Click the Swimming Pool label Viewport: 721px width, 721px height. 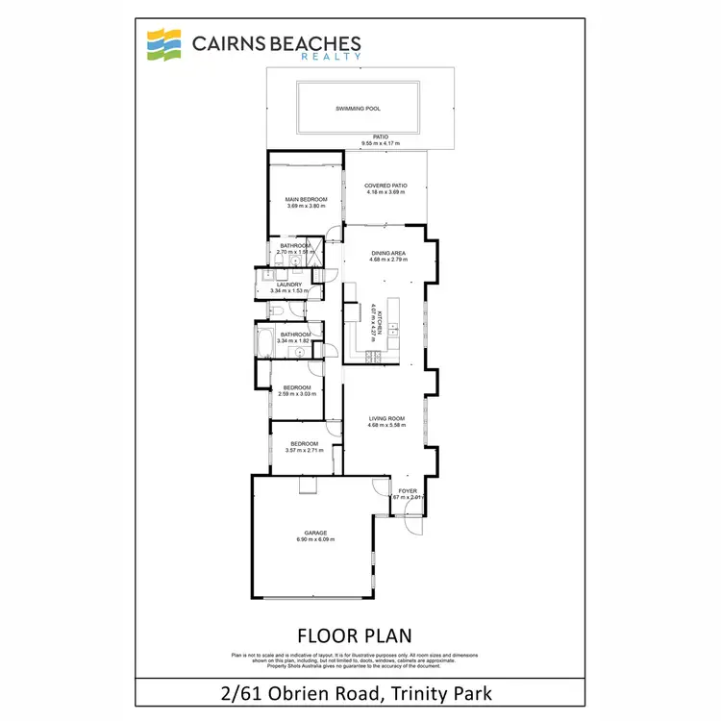point(359,109)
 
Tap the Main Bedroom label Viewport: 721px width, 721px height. point(307,199)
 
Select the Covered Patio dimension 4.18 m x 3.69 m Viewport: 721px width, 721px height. point(385,192)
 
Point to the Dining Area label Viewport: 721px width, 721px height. point(388,253)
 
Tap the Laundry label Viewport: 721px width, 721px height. point(289,285)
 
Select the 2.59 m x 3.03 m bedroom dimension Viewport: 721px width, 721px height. point(296,393)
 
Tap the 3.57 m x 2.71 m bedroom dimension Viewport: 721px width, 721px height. point(305,450)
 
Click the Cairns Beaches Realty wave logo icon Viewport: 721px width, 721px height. point(162,45)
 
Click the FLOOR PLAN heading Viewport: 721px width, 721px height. point(355,635)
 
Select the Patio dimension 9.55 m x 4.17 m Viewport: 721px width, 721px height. point(381,144)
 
